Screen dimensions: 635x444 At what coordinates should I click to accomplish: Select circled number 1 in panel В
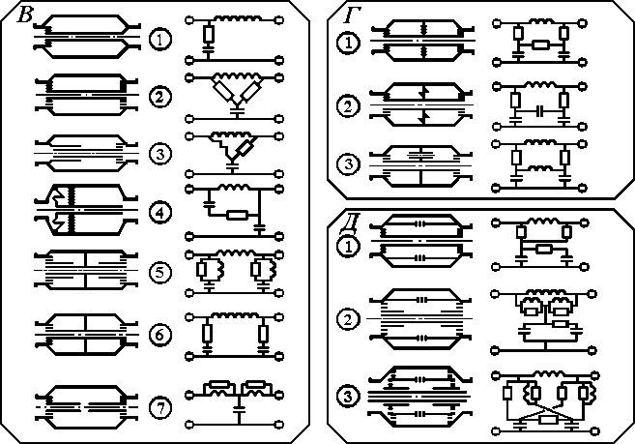coord(161,40)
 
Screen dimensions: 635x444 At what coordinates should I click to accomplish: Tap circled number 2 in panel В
coord(161,97)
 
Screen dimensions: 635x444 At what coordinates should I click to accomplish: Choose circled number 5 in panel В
coord(161,271)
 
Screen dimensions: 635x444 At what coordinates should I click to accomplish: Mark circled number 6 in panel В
coord(161,336)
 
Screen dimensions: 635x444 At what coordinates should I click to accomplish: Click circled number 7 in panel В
coord(161,409)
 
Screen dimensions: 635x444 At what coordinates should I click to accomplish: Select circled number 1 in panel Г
coord(346,43)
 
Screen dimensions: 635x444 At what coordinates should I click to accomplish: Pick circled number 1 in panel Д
coord(346,246)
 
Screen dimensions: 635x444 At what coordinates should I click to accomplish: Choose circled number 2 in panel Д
coord(346,317)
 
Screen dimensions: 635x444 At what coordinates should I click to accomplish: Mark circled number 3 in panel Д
coord(346,395)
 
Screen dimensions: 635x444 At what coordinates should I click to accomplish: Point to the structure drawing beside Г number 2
coord(419,104)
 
